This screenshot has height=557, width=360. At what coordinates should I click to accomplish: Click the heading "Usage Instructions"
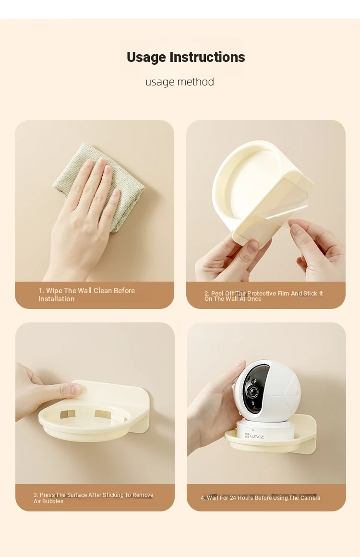(x=186, y=57)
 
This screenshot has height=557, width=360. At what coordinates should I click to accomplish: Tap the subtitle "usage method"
(x=180, y=82)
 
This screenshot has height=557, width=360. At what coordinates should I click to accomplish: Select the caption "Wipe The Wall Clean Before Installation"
(x=87, y=295)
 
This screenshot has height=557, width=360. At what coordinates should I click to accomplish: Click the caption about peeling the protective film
(x=264, y=296)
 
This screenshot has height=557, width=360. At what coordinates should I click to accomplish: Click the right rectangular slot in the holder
(x=102, y=414)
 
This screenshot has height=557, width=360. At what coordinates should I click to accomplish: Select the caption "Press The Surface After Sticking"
(x=94, y=498)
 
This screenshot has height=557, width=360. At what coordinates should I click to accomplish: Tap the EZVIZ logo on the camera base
(x=254, y=436)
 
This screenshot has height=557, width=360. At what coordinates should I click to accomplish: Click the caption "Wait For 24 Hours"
(x=261, y=498)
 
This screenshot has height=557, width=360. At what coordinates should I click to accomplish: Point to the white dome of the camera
(x=267, y=391)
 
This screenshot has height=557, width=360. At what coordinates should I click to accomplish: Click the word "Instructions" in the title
(x=207, y=57)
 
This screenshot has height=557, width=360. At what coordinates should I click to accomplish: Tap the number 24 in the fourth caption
(x=233, y=498)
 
